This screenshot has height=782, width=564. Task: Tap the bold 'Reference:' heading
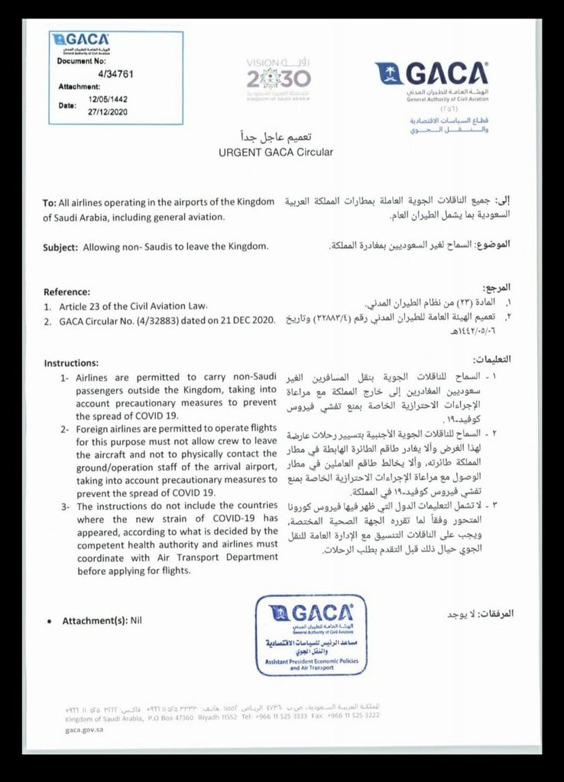pyautogui.click(x=66, y=292)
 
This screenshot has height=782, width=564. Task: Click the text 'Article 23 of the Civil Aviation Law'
pyautogui.click(x=135, y=305)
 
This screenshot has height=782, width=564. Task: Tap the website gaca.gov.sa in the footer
pyautogui.click(x=84, y=730)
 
